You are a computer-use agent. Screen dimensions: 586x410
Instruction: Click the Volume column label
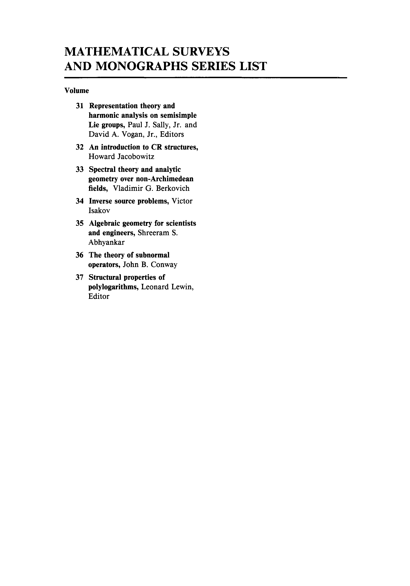click(x=77, y=91)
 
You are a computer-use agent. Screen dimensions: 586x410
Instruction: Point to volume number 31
click(x=80, y=106)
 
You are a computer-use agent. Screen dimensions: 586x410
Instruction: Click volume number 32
click(x=80, y=147)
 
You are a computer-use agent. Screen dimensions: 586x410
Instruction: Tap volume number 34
click(x=80, y=201)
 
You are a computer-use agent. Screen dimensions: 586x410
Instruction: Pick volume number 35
click(x=80, y=223)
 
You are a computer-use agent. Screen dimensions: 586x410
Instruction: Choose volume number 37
click(x=80, y=277)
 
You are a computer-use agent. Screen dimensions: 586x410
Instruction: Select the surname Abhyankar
click(x=106, y=242)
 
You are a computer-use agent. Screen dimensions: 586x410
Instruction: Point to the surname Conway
click(x=164, y=265)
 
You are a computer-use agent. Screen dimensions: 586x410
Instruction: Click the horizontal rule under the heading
click(x=205, y=77)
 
